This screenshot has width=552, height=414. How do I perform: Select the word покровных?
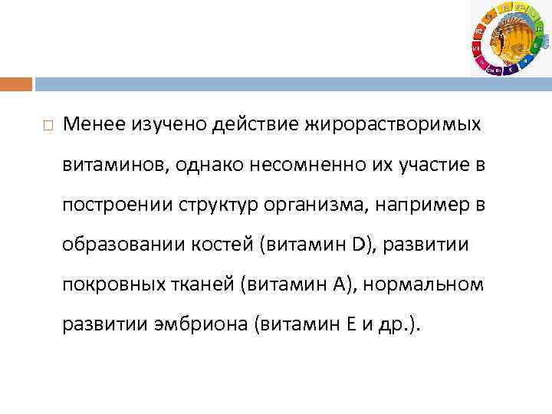click(103, 286)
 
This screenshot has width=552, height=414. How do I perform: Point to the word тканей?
click(197, 286)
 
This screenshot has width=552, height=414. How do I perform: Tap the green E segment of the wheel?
click(533, 46)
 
